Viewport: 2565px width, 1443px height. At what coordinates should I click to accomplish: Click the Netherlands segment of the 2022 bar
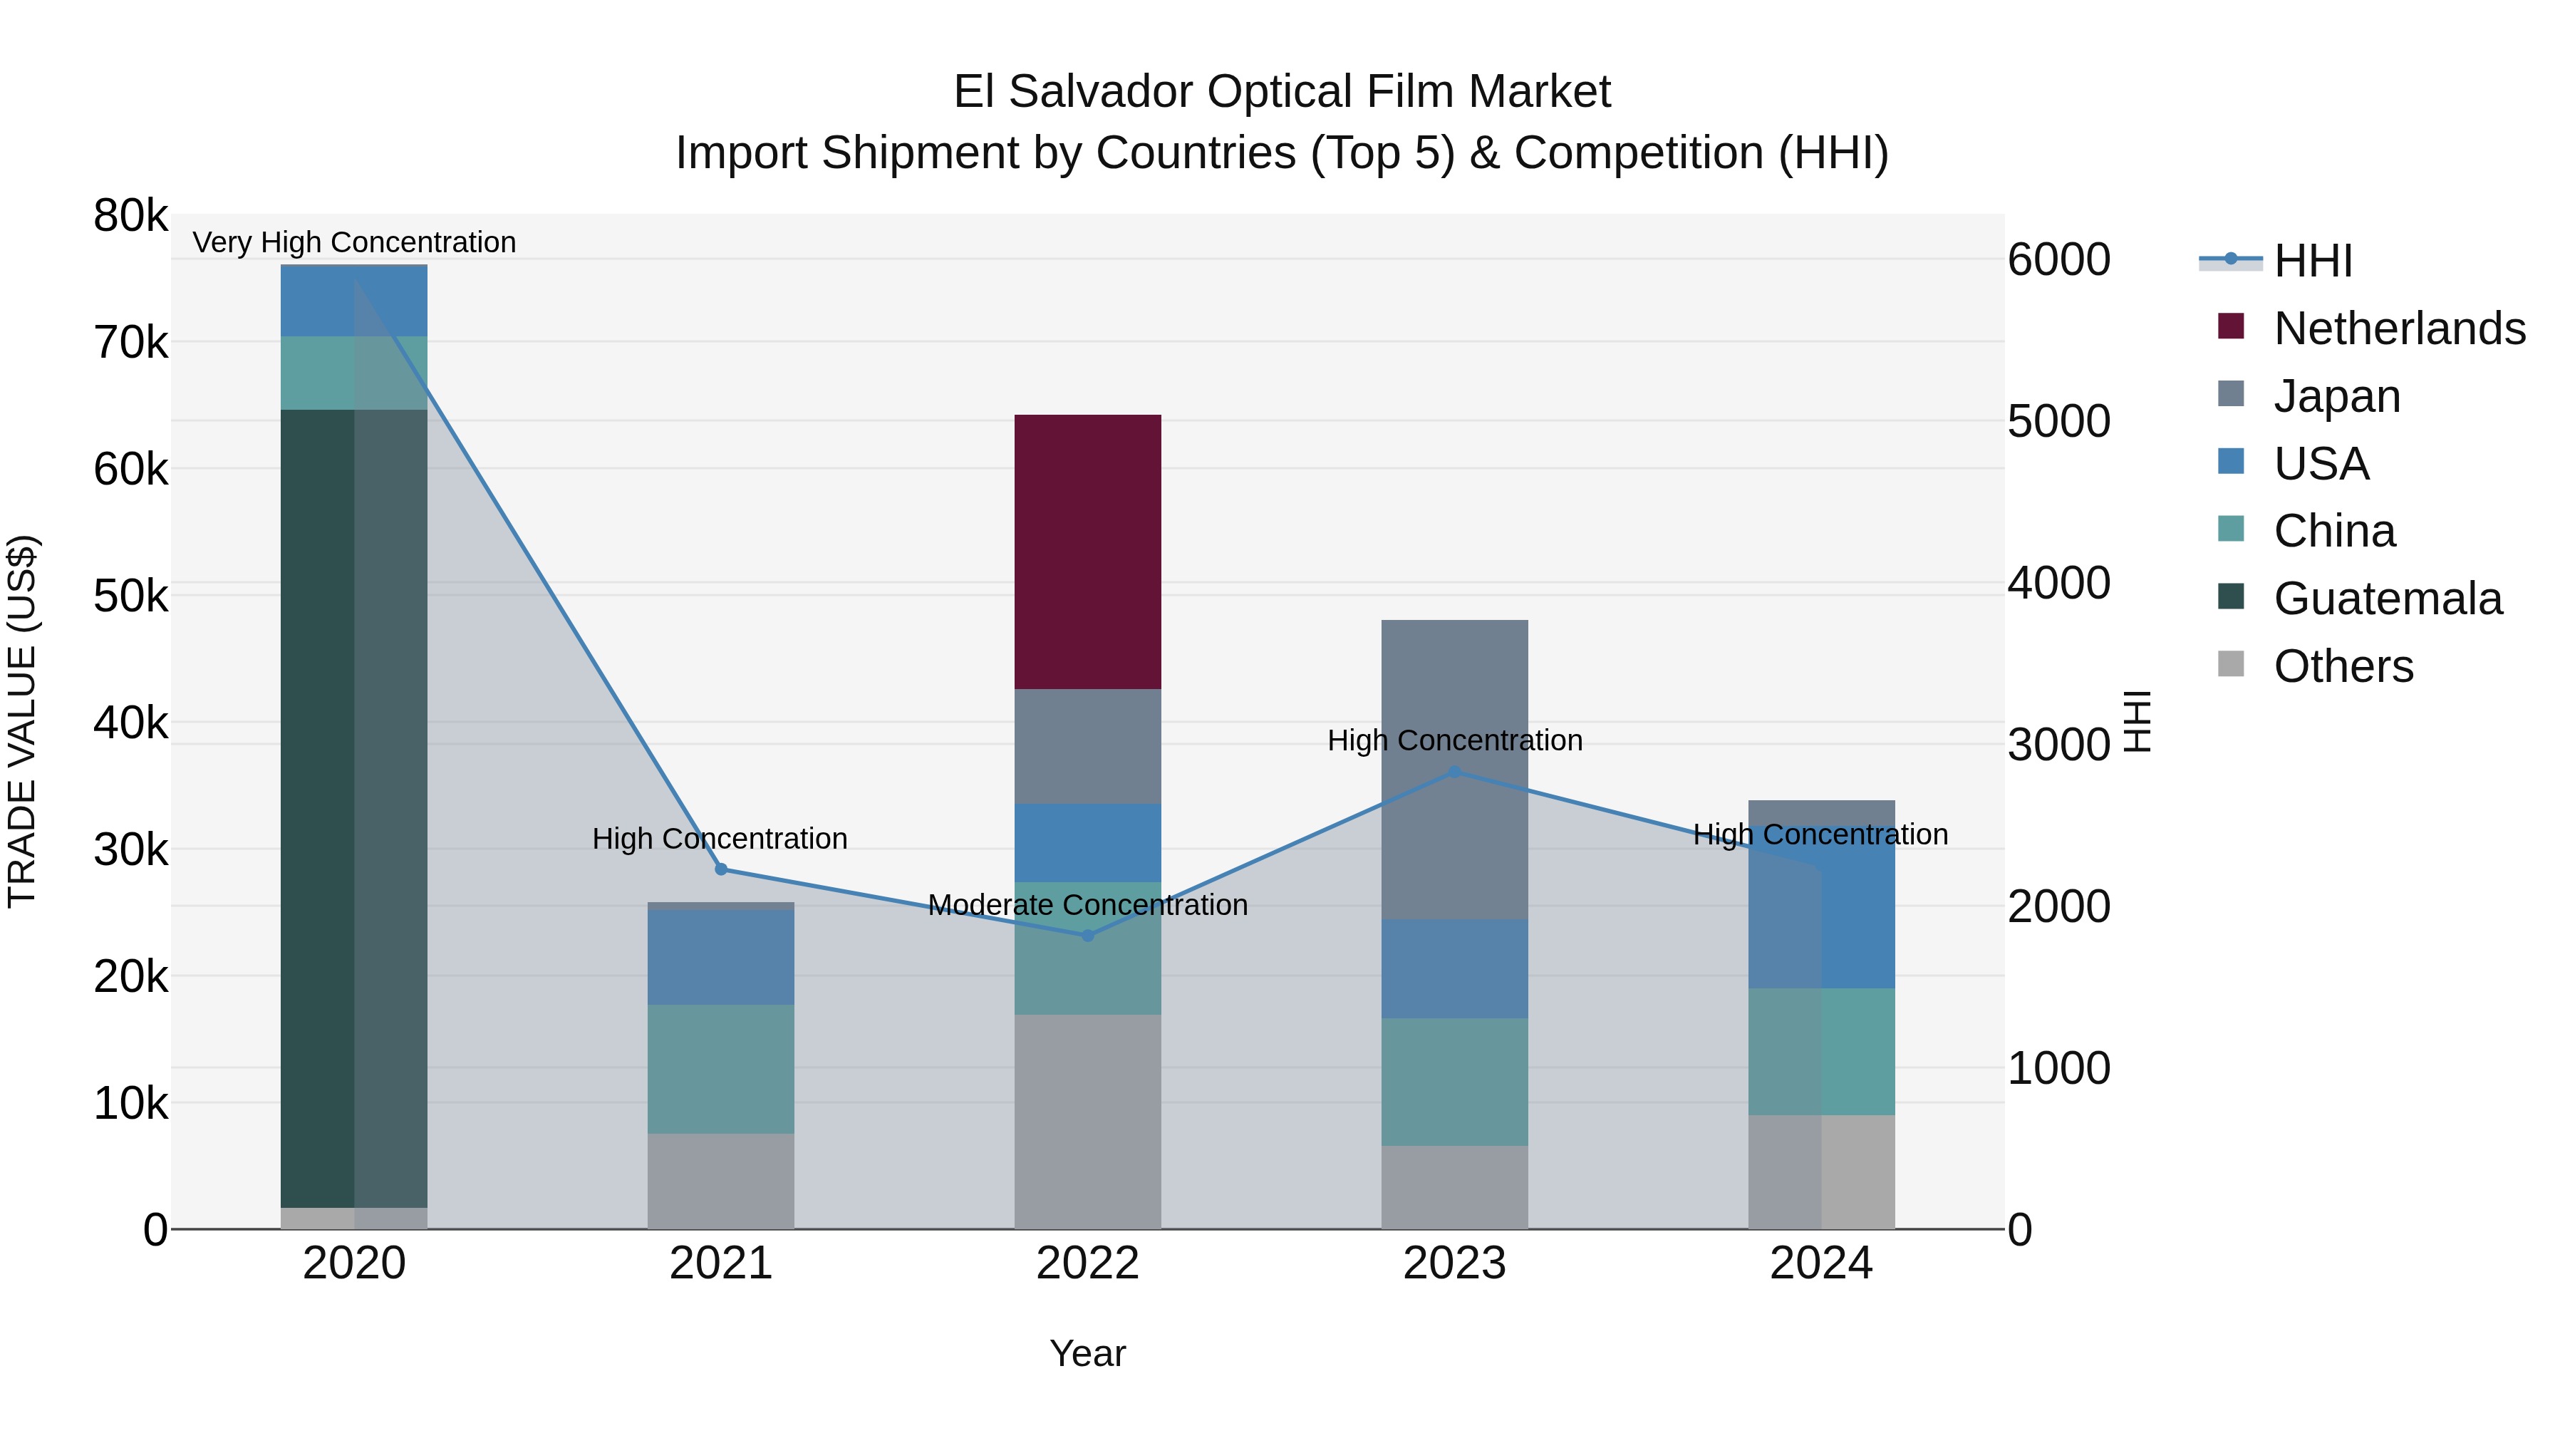(x=1087, y=551)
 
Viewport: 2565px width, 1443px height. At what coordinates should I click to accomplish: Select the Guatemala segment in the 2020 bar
(x=353, y=807)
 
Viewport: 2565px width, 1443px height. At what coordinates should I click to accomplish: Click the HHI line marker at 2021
(x=721, y=869)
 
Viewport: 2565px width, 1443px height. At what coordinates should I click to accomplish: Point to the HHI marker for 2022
(x=1087, y=935)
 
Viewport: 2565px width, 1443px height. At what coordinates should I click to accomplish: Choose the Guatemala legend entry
(x=2387, y=599)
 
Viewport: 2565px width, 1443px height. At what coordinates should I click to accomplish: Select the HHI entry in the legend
(x=2312, y=261)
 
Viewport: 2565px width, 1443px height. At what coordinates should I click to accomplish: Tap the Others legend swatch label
(x=2343, y=666)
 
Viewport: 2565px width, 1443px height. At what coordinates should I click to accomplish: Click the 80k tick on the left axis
(x=130, y=216)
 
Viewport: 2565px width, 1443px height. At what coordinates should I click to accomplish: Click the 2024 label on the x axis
(x=1820, y=1263)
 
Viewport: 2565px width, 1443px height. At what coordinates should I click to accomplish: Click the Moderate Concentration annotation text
(x=1087, y=904)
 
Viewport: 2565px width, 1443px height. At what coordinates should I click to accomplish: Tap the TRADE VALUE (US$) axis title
(x=22, y=721)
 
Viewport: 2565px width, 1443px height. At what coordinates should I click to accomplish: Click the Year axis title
(x=1087, y=1353)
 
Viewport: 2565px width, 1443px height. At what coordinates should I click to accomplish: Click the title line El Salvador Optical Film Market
(x=1282, y=92)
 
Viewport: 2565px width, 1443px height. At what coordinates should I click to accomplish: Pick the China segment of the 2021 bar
(x=721, y=1069)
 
